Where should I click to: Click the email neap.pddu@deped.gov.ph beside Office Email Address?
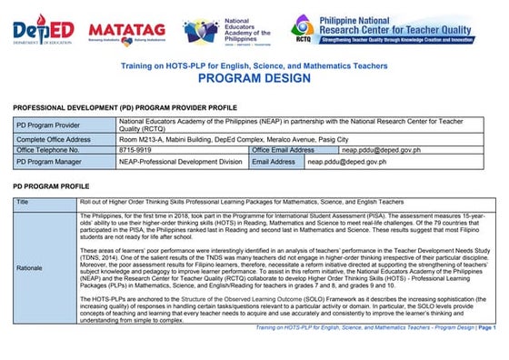click(x=375, y=149)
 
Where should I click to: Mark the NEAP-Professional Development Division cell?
click(x=180, y=162)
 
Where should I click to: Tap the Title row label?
click(x=23, y=201)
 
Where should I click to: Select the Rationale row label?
click(x=33, y=266)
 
